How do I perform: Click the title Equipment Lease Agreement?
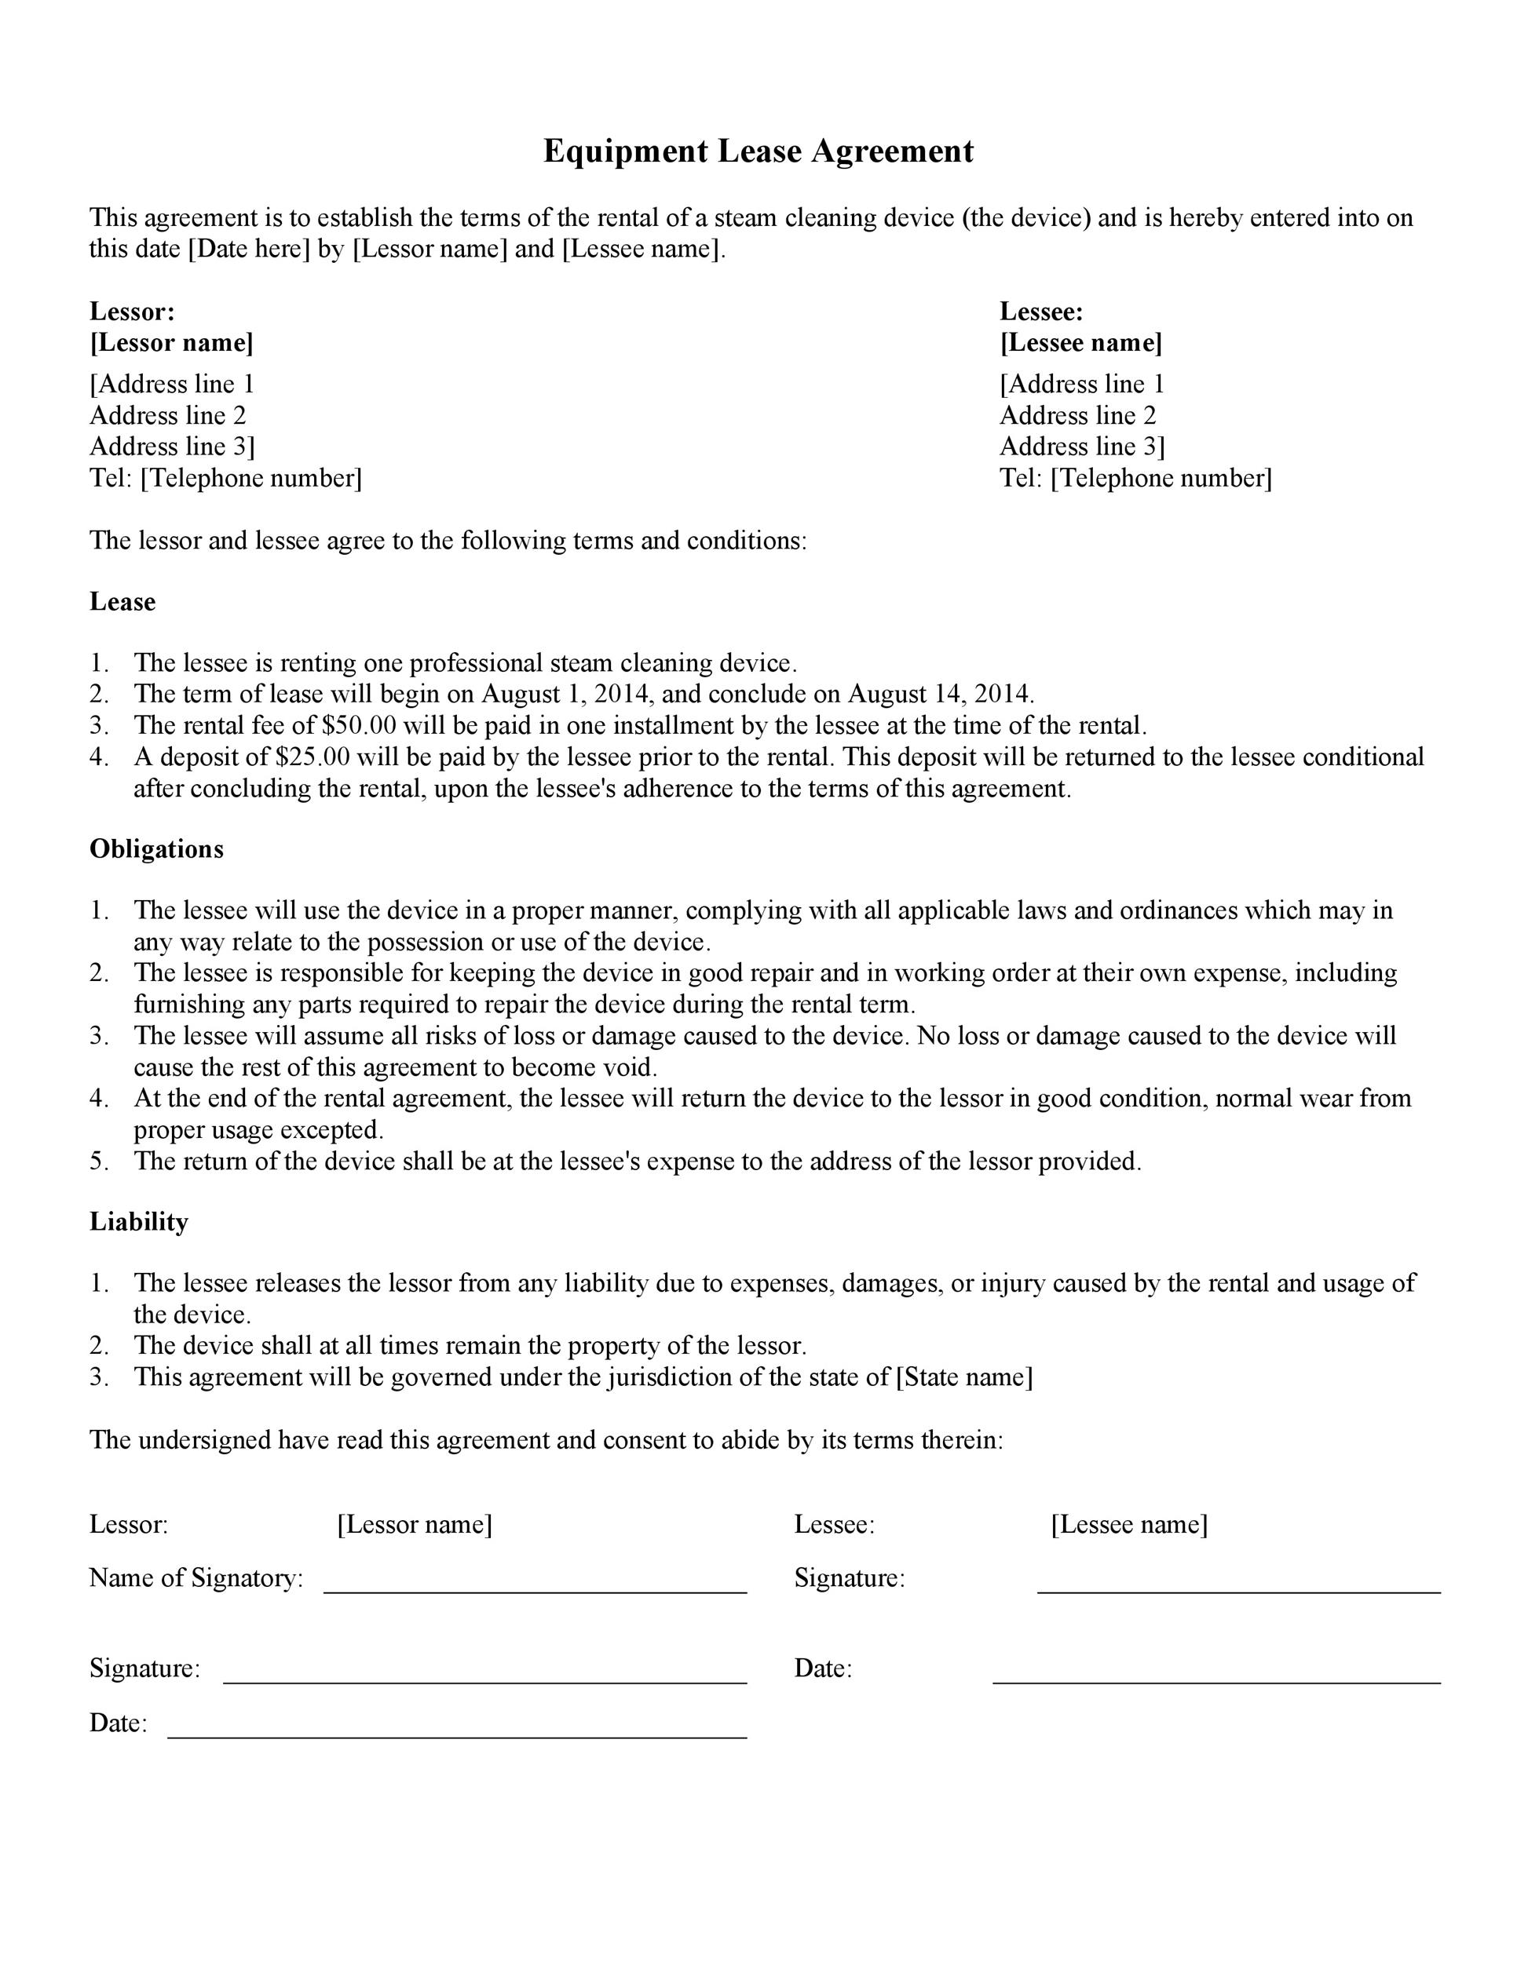click(758, 151)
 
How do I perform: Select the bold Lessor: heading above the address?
click(132, 312)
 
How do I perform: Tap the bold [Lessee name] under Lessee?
click(1081, 342)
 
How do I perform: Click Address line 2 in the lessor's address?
click(168, 415)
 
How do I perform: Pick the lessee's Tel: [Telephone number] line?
click(1136, 478)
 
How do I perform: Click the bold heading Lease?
click(122, 601)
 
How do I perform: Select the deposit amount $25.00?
click(313, 757)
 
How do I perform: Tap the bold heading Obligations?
click(156, 849)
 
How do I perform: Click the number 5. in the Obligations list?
click(99, 1161)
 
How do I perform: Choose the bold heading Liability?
click(139, 1222)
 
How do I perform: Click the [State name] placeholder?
click(964, 1377)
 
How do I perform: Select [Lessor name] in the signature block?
click(415, 1525)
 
